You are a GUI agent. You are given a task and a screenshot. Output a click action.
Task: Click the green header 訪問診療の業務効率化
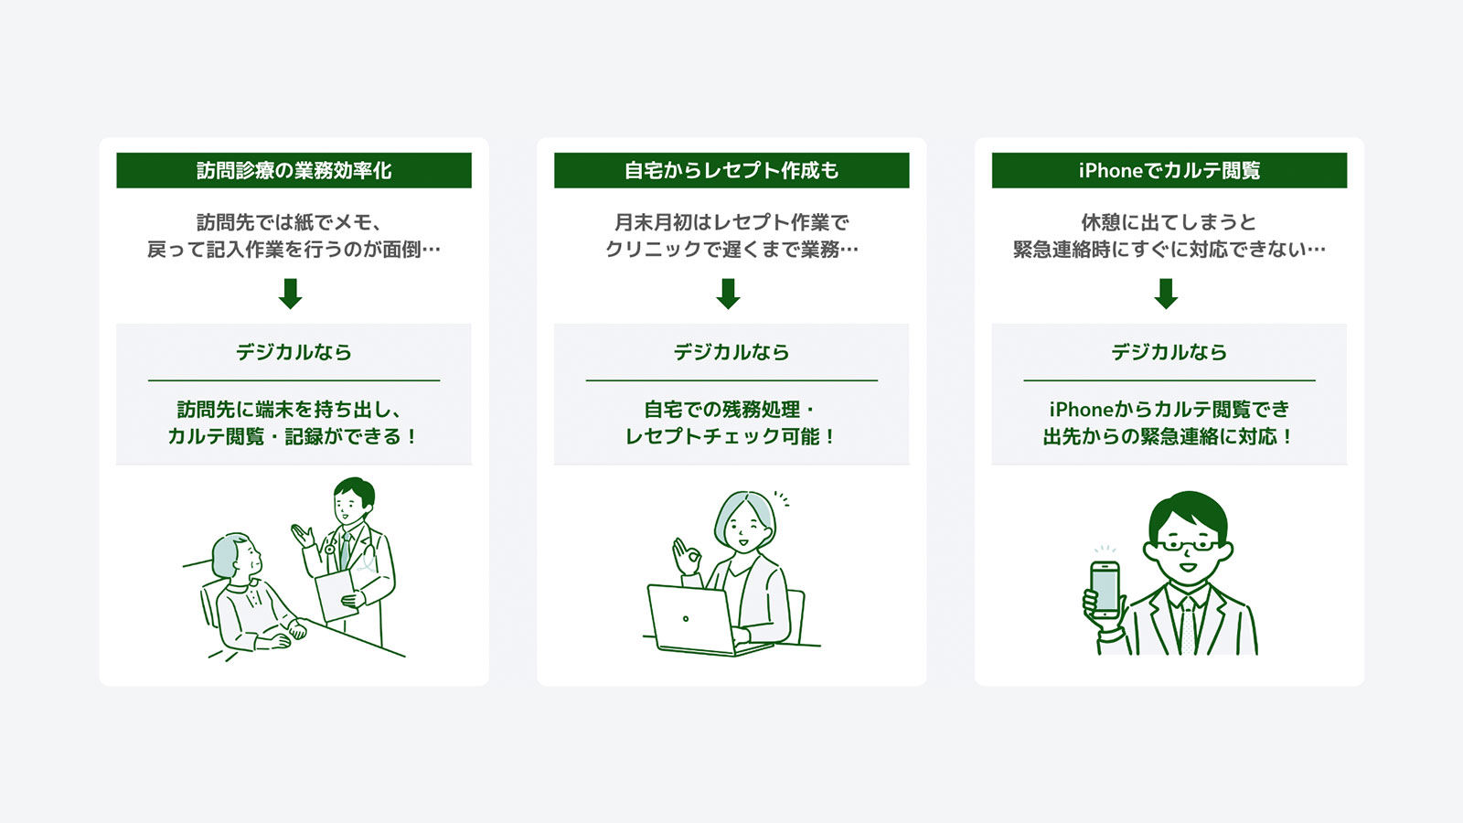click(x=294, y=170)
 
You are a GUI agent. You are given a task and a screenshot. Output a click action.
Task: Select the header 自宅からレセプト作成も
click(x=731, y=170)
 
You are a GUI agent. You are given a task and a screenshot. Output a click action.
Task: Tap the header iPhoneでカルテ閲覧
click(x=1169, y=170)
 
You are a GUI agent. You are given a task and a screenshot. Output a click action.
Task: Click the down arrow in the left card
click(x=291, y=294)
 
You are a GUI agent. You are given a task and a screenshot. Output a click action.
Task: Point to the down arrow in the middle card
click(x=728, y=294)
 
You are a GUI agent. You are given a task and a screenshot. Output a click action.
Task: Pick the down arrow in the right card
click(x=1166, y=294)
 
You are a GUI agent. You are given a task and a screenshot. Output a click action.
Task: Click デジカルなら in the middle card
click(x=731, y=353)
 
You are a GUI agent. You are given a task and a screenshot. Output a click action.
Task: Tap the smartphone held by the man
click(x=1105, y=589)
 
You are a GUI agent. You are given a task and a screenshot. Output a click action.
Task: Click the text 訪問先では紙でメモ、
click(x=289, y=223)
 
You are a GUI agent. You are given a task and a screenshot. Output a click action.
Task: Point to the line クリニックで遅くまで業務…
click(x=731, y=250)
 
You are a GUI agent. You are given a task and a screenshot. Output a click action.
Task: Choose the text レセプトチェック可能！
click(x=731, y=436)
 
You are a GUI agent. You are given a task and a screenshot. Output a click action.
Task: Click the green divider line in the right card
click(x=1169, y=380)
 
